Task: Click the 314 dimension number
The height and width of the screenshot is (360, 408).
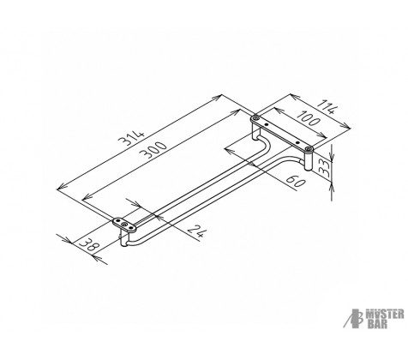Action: [132, 138]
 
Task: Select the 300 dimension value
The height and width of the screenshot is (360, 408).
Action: [154, 149]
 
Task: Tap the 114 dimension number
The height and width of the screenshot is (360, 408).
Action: [327, 106]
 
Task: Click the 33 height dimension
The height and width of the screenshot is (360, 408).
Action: [324, 169]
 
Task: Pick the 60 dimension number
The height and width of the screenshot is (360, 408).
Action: [296, 181]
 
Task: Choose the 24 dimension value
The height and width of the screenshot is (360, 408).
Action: [197, 231]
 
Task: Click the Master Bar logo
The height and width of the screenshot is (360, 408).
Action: [374, 318]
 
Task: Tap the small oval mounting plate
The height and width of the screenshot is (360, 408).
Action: [124, 224]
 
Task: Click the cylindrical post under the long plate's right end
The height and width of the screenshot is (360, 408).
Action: [308, 160]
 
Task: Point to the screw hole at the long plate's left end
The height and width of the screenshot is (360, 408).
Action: [255, 117]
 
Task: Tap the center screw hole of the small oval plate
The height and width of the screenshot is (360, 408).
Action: [124, 225]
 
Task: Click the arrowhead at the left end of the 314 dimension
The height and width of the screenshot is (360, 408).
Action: [61, 188]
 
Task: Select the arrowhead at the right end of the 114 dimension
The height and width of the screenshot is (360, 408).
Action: [346, 126]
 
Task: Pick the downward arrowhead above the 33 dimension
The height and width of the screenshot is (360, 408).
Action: [332, 156]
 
